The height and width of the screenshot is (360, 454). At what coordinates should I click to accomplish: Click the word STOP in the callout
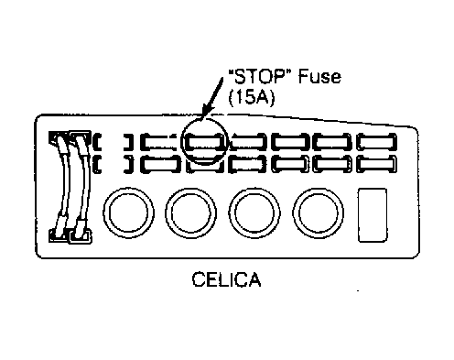tap(261, 76)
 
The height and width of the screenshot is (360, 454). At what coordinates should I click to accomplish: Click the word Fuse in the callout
tap(319, 76)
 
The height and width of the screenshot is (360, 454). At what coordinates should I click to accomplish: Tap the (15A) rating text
tap(252, 98)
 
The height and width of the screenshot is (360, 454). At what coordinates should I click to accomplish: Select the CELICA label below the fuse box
tap(226, 279)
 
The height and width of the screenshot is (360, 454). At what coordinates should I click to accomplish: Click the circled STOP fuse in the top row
tap(204, 142)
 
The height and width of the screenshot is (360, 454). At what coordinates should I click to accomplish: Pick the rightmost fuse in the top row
tap(377, 142)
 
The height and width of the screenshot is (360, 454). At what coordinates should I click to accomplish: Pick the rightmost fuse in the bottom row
tap(377, 164)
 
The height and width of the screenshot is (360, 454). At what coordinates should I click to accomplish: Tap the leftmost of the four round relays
tap(128, 213)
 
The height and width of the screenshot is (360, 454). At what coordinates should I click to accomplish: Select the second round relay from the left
tap(191, 213)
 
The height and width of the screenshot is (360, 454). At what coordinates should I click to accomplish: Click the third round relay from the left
tap(254, 213)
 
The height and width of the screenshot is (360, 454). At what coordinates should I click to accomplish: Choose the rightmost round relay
tap(319, 213)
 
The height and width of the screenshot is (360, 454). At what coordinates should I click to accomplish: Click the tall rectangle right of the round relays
tap(373, 215)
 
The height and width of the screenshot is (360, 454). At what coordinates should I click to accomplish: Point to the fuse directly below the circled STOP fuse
tap(204, 165)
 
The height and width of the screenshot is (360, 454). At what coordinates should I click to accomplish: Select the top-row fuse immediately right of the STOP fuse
tap(248, 142)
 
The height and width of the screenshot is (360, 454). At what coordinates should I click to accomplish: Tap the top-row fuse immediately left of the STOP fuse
tap(160, 142)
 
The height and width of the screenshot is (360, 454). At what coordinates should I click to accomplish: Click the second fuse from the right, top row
tap(333, 142)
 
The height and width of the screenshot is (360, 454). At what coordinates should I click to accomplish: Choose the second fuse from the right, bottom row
tap(333, 164)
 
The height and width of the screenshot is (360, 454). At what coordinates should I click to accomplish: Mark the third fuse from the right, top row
tap(290, 142)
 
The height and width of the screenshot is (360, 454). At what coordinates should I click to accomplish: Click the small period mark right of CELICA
tap(358, 290)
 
